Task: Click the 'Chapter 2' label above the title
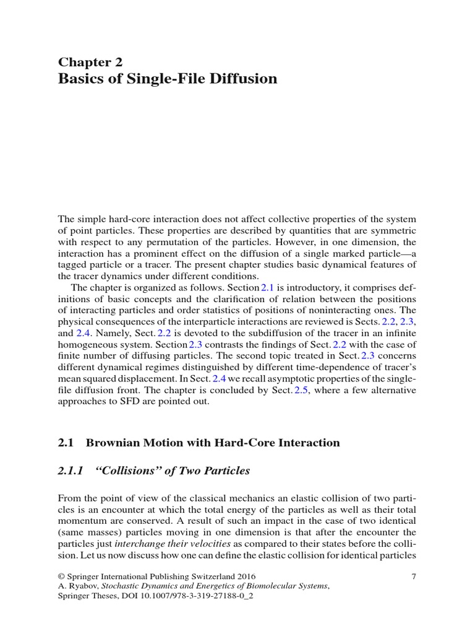point(90,61)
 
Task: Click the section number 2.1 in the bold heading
point(66,443)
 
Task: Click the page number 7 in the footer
point(413,576)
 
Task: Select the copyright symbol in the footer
point(61,576)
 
